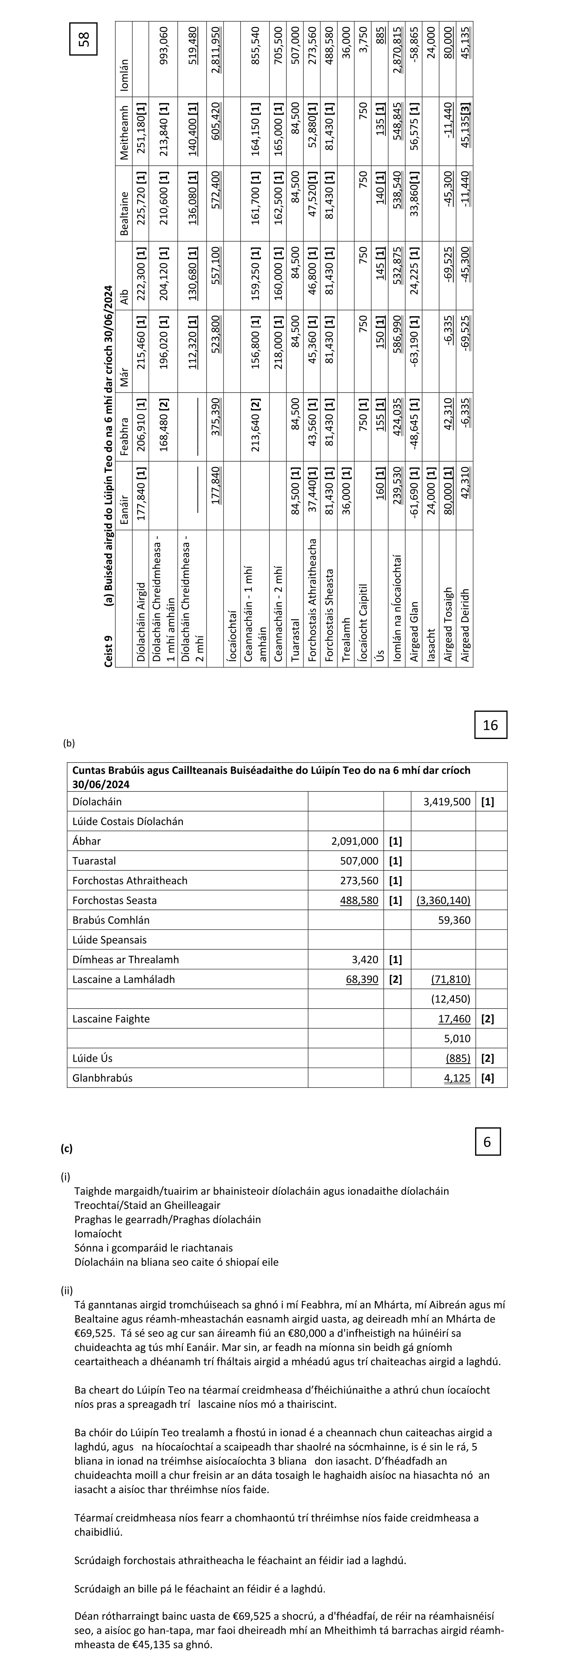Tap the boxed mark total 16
coord(491,725)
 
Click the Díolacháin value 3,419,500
coord(447,802)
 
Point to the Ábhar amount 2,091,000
coord(355,841)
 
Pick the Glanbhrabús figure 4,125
coord(457,1078)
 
